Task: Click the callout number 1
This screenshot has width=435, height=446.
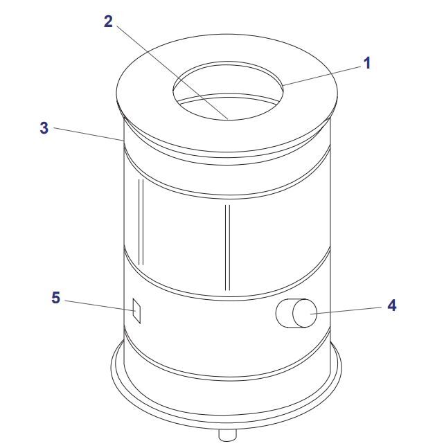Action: point(367,63)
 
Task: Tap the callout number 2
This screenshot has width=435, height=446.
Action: point(108,21)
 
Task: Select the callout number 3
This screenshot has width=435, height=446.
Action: point(44,128)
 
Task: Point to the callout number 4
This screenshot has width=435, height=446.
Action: point(392,305)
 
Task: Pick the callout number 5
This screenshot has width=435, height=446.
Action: point(56,298)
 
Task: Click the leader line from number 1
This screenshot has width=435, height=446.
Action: point(322,75)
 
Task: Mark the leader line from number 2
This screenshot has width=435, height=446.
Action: point(172,72)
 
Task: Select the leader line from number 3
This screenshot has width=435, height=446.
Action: point(89,134)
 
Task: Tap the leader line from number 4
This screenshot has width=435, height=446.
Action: point(346,310)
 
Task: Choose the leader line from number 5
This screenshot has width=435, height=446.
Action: point(100,306)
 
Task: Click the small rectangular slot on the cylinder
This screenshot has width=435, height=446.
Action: point(137,310)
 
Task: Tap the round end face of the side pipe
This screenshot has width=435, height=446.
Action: point(305,313)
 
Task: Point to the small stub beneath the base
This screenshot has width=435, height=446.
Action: point(227,435)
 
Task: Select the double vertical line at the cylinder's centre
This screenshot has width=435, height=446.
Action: point(227,247)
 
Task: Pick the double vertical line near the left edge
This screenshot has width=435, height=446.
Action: point(141,222)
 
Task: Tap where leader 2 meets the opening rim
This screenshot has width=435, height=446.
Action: point(228,119)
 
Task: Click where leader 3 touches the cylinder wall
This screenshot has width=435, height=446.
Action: point(123,141)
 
